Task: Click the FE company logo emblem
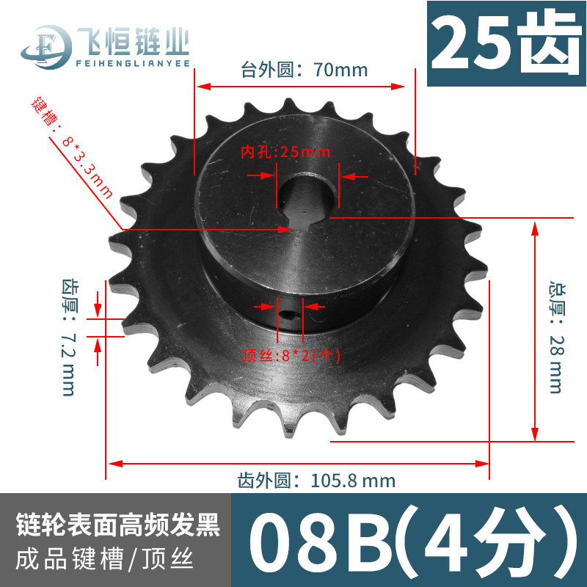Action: pyautogui.click(x=47, y=47)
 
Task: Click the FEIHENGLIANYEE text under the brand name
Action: pyautogui.click(x=133, y=63)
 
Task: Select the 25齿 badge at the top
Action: pyautogui.click(x=507, y=43)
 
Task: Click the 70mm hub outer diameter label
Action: pyautogui.click(x=304, y=70)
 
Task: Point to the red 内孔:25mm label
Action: pyautogui.click(x=285, y=152)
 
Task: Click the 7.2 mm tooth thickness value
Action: pyautogui.click(x=68, y=363)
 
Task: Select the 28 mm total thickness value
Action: pyautogui.click(x=556, y=363)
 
